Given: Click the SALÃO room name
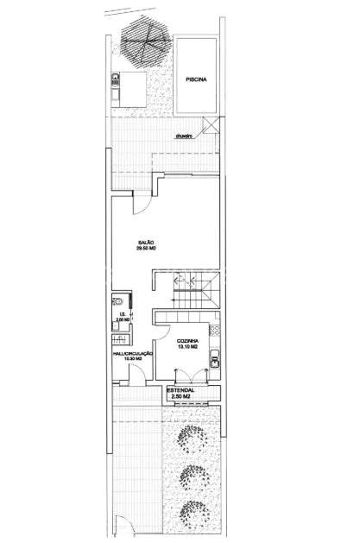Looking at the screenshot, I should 146,243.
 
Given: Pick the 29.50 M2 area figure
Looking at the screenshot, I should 146,249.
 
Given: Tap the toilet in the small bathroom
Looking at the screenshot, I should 117,302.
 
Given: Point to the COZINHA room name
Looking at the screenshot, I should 189,341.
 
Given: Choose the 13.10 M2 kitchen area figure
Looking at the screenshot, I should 189,347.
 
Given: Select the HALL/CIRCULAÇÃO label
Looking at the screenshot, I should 132,353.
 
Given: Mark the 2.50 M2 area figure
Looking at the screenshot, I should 180,397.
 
